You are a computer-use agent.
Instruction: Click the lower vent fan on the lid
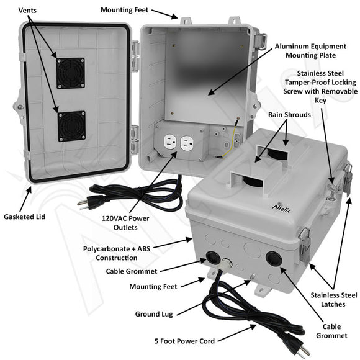[71, 125]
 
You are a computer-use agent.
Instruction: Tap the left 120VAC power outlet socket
[171, 145]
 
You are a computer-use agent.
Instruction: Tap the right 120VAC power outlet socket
[188, 145]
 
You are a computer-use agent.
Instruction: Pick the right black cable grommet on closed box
[273, 259]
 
